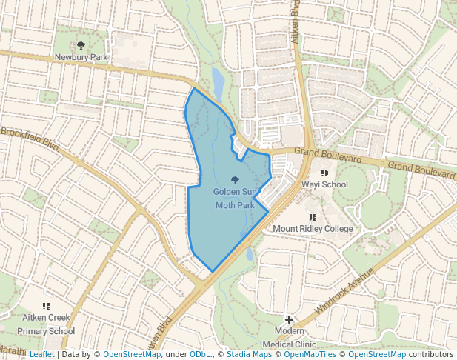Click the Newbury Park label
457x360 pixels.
[x=81, y=56]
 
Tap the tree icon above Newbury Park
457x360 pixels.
[x=81, y=45]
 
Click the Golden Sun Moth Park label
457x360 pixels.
[x=234, y=198]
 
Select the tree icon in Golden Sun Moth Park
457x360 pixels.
[x=235, y=180]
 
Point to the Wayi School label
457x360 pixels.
[x=324, y=184]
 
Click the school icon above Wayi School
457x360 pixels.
[x=324, y=173]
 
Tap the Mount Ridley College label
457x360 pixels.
[x=313, y=229]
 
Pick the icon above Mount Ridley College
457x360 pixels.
[x=313, y=217]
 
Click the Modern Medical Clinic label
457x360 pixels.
[x=289, y=337]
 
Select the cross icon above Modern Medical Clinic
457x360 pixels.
[x=289, y=319]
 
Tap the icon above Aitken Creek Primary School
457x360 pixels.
[x=46, y=305]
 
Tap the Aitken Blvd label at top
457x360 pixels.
[x=296, y=20]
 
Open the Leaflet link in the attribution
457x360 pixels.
[x=41, y=355]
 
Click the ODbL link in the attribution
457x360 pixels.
[x=199, y=355]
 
